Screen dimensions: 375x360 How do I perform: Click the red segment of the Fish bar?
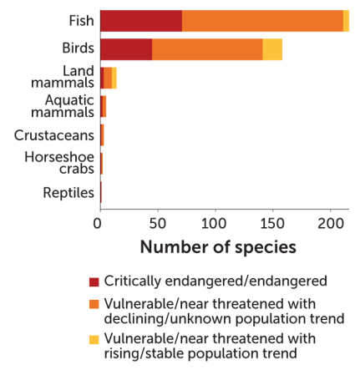(x=140, y=21)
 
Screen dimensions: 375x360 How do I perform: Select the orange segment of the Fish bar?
(x=261, y=21)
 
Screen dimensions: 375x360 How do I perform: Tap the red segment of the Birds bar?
(x=125, y=49)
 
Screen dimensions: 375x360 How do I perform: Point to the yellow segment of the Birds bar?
(x=272, y=49)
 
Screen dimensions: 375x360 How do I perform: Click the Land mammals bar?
(x=109, y=78)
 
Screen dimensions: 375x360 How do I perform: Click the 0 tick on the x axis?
(x=99, y=224)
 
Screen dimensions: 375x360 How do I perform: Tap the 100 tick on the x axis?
(x=215, y=224)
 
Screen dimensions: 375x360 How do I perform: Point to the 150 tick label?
(x=272, y=224)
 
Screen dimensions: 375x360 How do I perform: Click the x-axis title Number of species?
(x=217, y=248)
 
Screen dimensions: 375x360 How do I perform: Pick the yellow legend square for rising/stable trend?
(x=94, y=339)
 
